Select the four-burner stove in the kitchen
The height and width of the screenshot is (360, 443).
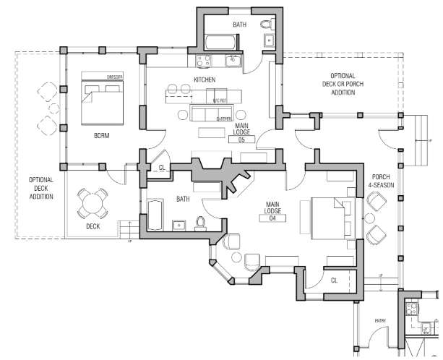203,61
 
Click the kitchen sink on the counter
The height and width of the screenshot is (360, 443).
233,61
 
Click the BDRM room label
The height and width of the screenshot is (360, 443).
102,134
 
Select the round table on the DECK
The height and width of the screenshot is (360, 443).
92,203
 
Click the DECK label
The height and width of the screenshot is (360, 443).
92,226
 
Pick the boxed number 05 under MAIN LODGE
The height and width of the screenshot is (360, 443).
241,140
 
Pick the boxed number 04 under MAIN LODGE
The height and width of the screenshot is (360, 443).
272,218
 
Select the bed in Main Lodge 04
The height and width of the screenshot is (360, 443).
331,218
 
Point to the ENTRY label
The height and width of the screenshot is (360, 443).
380,320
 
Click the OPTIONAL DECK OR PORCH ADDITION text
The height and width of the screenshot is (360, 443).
342,85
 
